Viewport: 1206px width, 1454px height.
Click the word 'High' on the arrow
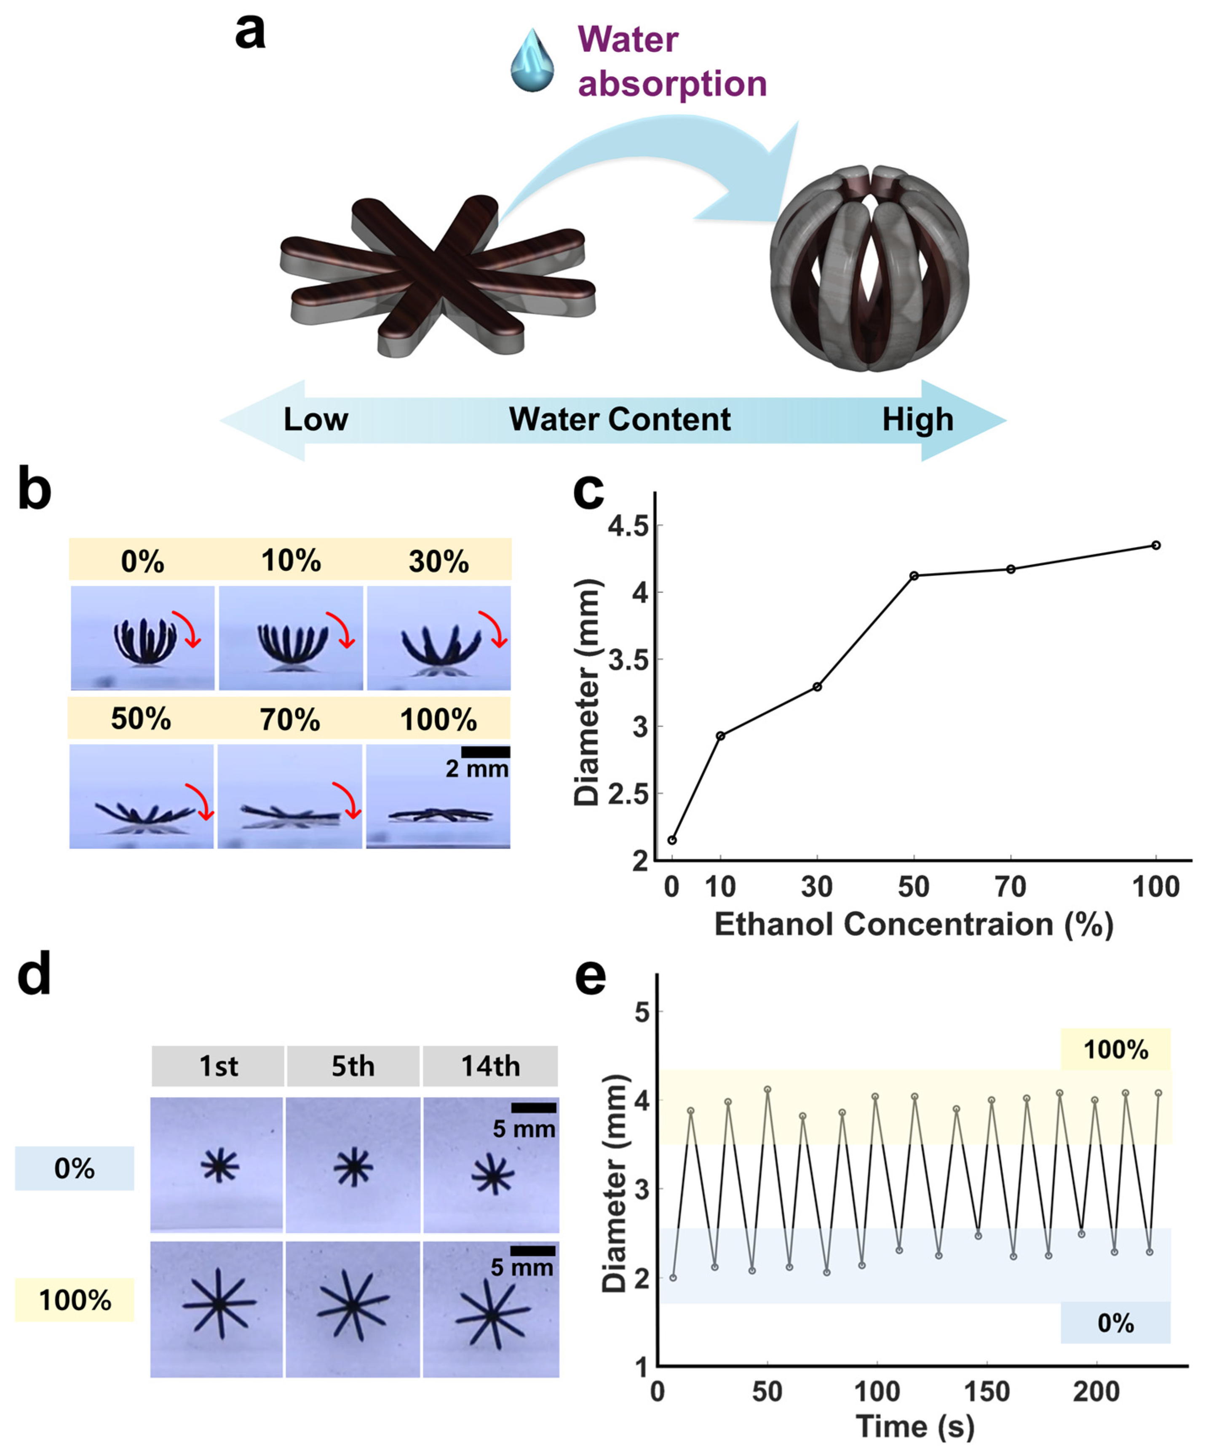coord(917,420)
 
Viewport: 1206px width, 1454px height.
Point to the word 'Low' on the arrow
coord(316,420)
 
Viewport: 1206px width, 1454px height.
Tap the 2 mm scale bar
coord(485,752)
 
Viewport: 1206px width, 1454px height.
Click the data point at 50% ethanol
coord(914,575)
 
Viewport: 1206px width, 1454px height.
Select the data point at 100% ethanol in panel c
coord(1155,545)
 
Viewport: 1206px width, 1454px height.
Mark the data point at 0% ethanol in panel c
coord(671,840)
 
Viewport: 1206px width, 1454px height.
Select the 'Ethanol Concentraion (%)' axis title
coord(914,925)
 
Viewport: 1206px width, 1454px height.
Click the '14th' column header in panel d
coord(490,1066)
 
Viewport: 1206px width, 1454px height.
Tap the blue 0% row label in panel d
coord(74,1169)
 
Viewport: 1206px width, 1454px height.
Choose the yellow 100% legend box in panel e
coord(1115,1050)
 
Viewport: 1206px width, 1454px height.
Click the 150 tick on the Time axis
coord(987,1392)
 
